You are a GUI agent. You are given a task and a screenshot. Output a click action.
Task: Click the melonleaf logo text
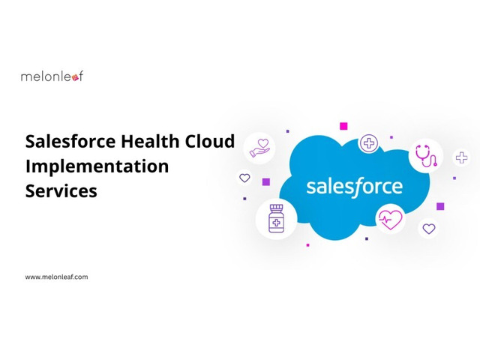pos(52,76)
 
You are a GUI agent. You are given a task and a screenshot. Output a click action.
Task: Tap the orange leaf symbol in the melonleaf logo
pos(75,78)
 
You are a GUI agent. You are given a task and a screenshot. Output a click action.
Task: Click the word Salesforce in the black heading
pos(70,142)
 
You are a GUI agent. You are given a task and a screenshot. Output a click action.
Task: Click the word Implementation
pos(97,166)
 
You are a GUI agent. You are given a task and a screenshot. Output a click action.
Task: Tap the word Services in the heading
pos(61,191)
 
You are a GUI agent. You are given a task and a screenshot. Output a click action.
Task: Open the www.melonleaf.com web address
pos(56,277)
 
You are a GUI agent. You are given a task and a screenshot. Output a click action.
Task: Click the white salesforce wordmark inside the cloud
pos(355,187)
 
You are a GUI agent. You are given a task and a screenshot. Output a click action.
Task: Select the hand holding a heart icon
pos(259,148)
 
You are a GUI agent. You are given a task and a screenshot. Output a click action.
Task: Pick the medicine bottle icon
pos(276,218)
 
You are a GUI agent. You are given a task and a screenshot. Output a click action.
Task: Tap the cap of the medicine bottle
pos(277,208)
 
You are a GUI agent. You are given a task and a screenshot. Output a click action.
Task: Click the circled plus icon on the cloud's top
pos(368,143)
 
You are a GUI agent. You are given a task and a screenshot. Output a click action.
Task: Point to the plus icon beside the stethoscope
pos(462,157)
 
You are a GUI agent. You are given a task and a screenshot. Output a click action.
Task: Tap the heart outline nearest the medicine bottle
pos(244,178)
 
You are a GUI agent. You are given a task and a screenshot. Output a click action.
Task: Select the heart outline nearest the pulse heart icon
pos(429,228)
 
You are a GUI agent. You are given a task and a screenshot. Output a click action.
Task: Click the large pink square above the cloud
pos(343,126)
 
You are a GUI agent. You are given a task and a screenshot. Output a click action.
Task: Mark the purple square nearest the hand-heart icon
pos(266,182)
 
